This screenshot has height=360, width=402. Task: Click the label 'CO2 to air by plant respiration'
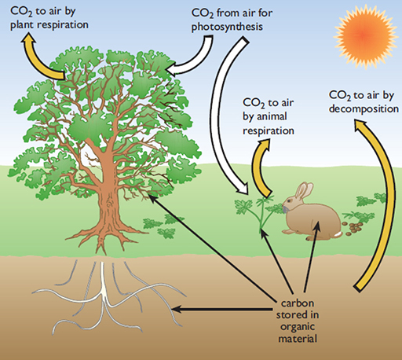tap(48, 17)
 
